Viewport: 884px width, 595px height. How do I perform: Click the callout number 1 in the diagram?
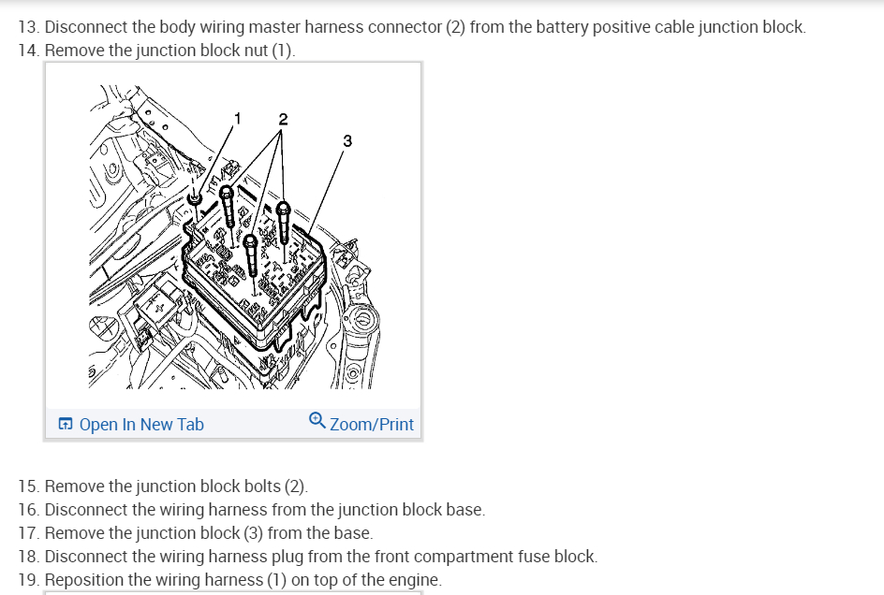[x=237, y=118]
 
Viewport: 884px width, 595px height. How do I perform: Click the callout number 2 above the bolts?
[x=283, y=119]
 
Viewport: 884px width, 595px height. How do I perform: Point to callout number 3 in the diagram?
[x=347, y=141]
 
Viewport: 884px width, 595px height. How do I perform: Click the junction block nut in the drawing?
[x=195, y=198]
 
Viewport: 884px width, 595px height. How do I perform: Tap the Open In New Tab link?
[x=140, y=425]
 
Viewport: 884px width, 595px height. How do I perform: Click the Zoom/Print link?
[x=372, y=425]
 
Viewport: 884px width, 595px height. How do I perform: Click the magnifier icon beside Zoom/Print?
[x=317, y=422]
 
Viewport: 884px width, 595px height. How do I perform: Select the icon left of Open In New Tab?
[x=65, y=425]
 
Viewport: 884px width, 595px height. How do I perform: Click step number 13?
[x=28, y=27]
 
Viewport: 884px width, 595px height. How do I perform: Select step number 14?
[x=28, y=51]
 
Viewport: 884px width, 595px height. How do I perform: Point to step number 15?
[x=28, y=486]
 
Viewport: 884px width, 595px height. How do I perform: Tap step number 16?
[x=28, y=510]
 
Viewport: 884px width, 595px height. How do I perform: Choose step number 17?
[x=28, y=533]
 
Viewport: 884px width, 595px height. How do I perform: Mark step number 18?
[x=28, y=557]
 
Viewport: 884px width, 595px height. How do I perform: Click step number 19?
[x=28, y=580]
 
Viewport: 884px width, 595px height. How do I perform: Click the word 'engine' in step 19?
[x=413, y=580]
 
